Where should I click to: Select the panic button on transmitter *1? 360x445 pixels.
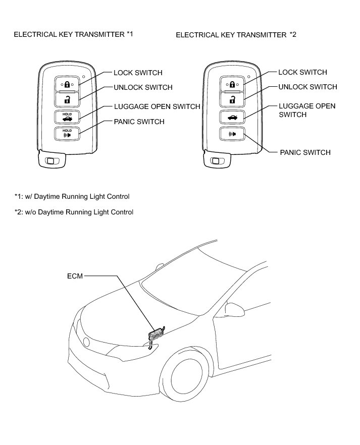[x=67, y=134]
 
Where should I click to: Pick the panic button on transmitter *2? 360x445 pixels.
[x=232, y=134]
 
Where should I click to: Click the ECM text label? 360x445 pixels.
[x=74, y=276]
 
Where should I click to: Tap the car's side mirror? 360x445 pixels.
[x=233, y=308]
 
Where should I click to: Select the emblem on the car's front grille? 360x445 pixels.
[x=87, y=342]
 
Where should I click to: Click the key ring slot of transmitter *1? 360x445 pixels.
[x=50, y=161]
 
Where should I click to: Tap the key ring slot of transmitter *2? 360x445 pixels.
[x=216, y=161]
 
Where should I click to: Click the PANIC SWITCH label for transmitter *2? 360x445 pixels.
[x=305, y=152]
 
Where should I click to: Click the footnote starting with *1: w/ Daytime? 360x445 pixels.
[x=72, y=196]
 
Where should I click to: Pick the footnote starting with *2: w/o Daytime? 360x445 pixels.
[x=74, y=212]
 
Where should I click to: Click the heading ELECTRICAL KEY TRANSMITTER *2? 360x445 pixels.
[x=236, y=35]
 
